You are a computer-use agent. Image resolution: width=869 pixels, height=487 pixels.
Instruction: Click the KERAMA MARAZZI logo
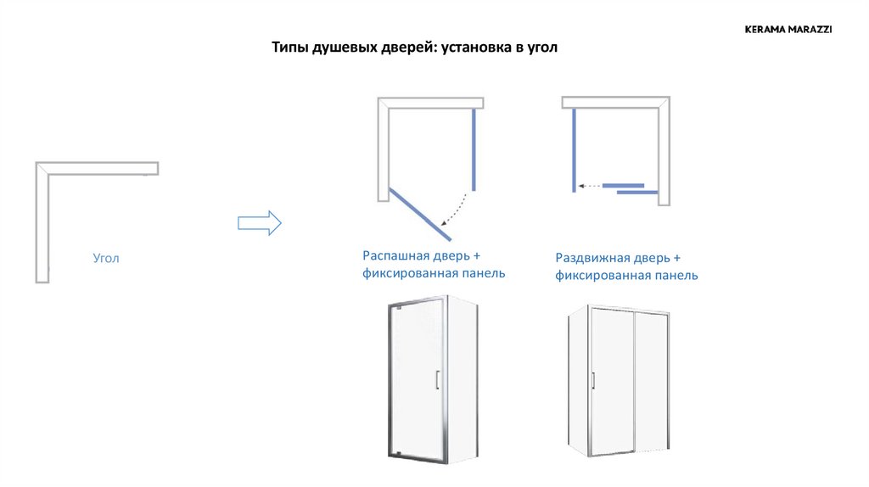point(788,30)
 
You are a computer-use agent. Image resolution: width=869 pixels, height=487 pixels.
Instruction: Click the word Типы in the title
point(290,48)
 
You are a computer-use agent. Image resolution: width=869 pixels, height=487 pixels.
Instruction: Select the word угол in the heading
point(542,48)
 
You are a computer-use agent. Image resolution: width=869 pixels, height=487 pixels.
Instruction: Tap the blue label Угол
point(106,258)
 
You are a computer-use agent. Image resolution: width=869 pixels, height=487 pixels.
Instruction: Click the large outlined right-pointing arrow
point(260,223)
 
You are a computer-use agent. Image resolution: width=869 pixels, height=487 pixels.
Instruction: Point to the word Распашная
point(396,256)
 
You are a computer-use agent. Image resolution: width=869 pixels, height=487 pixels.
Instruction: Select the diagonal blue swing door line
point(420,215)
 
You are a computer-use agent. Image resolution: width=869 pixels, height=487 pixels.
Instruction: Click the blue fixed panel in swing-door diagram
point(474,149)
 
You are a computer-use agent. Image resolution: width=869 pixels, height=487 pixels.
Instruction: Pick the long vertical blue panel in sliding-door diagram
point(575,150)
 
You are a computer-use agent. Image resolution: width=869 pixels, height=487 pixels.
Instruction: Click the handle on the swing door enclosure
point(437,379)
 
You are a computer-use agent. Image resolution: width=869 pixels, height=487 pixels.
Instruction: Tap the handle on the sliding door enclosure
point(593,381)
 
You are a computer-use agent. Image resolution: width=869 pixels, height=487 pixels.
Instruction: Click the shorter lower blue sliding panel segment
point(637,193)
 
